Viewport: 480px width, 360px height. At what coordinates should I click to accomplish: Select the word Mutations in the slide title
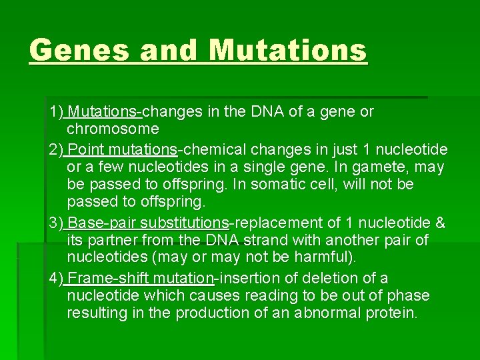click(287, 50)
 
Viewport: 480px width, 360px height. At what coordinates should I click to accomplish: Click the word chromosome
click(113, 129)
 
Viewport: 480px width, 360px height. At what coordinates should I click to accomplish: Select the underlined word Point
click(84, 149)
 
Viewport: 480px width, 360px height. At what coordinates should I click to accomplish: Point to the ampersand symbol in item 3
click(439, 222)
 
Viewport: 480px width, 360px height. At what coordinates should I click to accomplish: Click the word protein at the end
click(392, 313)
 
